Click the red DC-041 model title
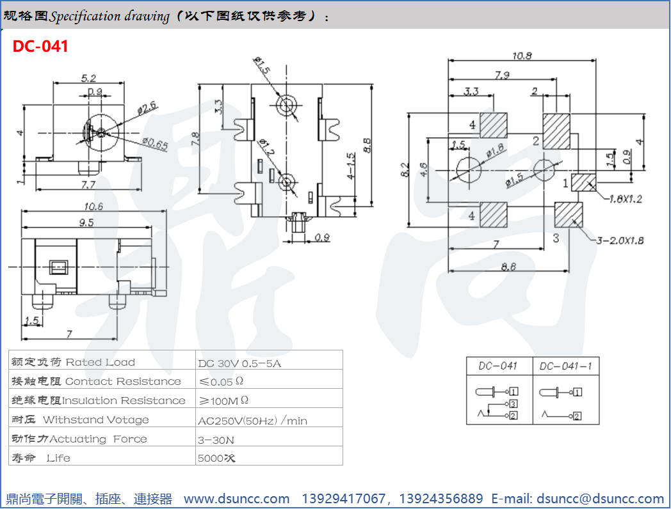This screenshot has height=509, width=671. (40, 46)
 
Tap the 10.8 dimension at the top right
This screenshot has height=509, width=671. (522, 56)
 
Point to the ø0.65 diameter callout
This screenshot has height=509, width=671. (155, 144)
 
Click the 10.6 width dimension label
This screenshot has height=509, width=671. (93, 207)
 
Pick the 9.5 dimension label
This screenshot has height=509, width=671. (86, 223)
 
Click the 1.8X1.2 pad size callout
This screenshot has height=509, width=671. (626, 199)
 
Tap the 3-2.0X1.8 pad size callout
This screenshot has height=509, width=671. (620, 240)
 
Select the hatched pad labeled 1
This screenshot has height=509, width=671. (583, 182)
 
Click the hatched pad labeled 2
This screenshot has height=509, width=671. (556, 131)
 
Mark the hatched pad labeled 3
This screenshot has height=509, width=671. (569, 215)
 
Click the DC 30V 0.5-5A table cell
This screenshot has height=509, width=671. (239, 363)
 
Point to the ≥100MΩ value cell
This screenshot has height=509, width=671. (223, 400)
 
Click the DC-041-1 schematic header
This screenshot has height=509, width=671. (565, 366)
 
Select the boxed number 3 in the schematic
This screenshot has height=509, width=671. (513, 404)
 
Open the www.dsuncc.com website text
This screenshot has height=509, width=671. (237, 499)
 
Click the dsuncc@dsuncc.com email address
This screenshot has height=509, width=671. (600, 499)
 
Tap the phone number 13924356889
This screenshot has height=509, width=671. (441, 499)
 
